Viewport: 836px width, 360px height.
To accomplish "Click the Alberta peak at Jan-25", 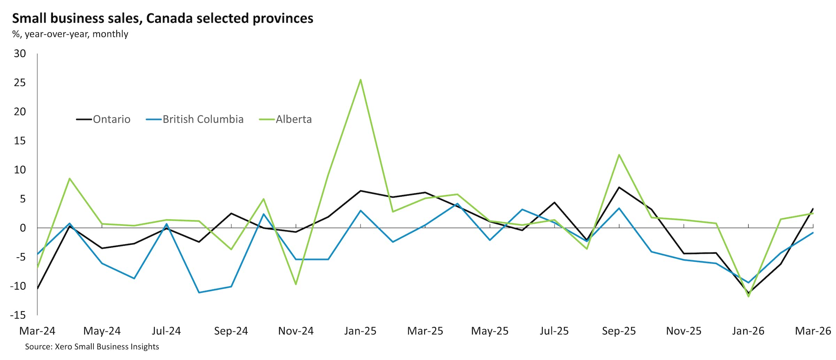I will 360,80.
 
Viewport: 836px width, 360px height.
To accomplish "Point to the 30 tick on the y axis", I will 20,54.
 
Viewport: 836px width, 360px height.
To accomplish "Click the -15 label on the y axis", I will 18,315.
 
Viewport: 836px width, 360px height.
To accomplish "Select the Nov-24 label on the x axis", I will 296,331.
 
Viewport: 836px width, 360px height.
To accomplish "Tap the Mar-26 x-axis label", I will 813,331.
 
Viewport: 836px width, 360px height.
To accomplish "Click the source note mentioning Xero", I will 92,347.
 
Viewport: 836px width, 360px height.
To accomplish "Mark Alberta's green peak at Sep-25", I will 619,155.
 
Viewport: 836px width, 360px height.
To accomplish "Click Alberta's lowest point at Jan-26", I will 748,296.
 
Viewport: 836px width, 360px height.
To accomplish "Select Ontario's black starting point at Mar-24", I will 38,288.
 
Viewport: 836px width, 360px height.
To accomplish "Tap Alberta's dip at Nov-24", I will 296,284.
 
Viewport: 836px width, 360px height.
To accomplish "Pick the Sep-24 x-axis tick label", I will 231,331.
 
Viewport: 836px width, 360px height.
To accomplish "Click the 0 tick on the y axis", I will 23,228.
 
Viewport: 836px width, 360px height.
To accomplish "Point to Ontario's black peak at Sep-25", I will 619,187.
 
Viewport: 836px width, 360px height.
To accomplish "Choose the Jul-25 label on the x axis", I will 554,331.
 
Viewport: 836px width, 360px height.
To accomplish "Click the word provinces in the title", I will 283,18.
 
